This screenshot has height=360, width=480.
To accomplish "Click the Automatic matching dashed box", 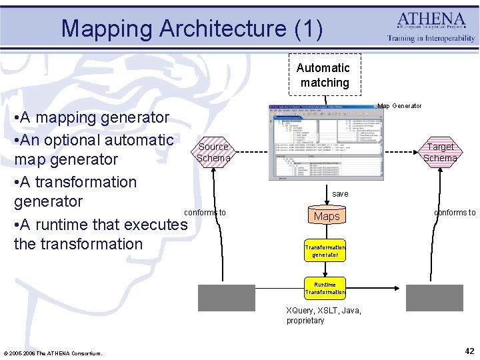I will coord(323,75).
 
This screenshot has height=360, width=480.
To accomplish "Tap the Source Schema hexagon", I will coord(213,153).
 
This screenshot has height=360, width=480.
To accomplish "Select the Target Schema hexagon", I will coord(441,153).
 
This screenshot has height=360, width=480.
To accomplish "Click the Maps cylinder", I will coord(327,216).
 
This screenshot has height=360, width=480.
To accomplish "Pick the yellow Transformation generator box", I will coord(325,251).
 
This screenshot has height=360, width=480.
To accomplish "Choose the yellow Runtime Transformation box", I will coord(325,287).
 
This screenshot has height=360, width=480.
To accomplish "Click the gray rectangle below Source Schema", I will coord(227,297).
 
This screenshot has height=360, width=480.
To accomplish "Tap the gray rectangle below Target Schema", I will coord(434,297).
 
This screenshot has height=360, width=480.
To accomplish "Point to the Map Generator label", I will coord(399,106).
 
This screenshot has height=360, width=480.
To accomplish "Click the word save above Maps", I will coord(340,194).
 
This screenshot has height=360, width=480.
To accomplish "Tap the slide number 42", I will coord(469,351).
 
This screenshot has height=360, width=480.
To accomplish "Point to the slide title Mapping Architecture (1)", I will coord(192,29).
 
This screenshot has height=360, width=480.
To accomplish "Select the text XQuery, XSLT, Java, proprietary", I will coord(323,315).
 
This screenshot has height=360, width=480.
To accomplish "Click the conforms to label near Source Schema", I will coord(205,213).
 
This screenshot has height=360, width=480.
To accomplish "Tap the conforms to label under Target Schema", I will coord(455,213).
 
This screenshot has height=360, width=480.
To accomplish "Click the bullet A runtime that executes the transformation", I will coord(100,234).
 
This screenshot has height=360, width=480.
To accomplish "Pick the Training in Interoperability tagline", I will coord(432,39).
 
